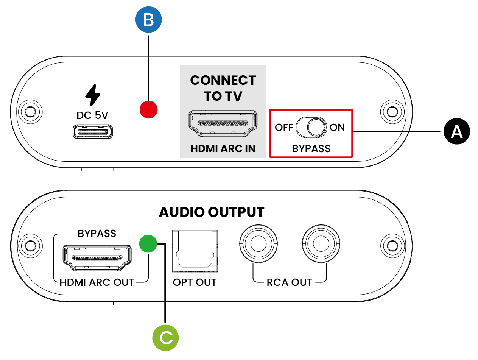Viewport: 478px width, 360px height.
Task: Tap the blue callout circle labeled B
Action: pos(149,20)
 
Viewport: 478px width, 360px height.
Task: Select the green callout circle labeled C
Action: pos(165,337)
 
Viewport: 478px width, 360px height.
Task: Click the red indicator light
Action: pos(149,110)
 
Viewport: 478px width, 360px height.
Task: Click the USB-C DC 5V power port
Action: pos(92,132)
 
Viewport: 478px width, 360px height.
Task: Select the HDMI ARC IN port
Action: pos(223,123)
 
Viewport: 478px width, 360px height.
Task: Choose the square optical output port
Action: pos(195,251)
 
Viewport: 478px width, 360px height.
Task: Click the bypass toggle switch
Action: pos(311,127)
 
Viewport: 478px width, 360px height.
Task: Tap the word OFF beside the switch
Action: pos(284,128)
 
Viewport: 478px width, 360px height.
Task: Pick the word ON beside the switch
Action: pos(337,128)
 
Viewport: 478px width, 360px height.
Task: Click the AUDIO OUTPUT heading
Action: pos(212,212)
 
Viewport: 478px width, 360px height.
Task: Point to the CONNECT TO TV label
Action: pos(223,88)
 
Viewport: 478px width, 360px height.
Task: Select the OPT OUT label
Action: pos(195,282)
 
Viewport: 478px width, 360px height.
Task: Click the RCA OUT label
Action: pos(290,282)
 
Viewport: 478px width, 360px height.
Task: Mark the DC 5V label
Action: pos(92,115)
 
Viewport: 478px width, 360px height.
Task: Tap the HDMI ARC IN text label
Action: pos(223,149)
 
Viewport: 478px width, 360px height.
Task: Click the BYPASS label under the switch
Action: pos(311,149)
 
